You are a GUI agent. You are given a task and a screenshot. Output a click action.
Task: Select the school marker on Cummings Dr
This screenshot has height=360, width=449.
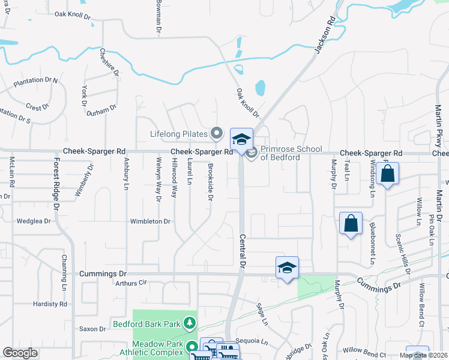(288, 267)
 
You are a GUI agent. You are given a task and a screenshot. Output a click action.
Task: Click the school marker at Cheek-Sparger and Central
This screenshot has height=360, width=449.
(241, 140)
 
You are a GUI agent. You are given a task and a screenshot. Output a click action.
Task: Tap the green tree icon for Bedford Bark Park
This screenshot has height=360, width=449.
(190, 324)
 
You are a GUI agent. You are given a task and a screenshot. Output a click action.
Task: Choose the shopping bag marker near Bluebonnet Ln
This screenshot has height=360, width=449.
(351, 224)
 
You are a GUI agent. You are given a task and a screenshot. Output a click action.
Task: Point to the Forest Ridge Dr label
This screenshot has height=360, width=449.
(57, 183)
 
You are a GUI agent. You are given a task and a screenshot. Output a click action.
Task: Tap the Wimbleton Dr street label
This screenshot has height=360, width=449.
(151, 221)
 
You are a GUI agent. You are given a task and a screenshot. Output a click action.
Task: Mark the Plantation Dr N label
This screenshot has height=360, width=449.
(35, 80)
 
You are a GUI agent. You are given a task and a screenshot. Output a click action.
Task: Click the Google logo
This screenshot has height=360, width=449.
(20, 353)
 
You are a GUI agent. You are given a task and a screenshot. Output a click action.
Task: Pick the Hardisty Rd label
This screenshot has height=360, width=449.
(50, 304)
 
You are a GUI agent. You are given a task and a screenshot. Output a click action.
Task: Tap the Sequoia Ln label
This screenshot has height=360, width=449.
(252, 341)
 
